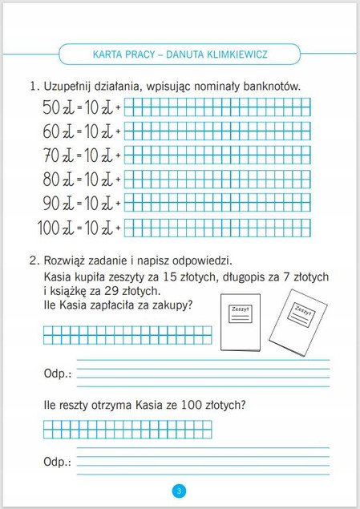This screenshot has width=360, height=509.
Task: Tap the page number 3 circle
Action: pos(180,490)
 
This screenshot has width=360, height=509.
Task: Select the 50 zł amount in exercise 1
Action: pos(53,107)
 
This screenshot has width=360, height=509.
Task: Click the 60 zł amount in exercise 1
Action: pos(53,130)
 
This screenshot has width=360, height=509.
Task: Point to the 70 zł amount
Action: pos(53,154)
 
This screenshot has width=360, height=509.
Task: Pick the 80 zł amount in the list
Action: pos(53,178)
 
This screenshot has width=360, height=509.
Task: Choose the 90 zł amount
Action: pos(53,202)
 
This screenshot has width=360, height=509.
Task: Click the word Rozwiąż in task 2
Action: pos(68,261)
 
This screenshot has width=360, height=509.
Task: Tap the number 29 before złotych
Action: pos(125,291)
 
